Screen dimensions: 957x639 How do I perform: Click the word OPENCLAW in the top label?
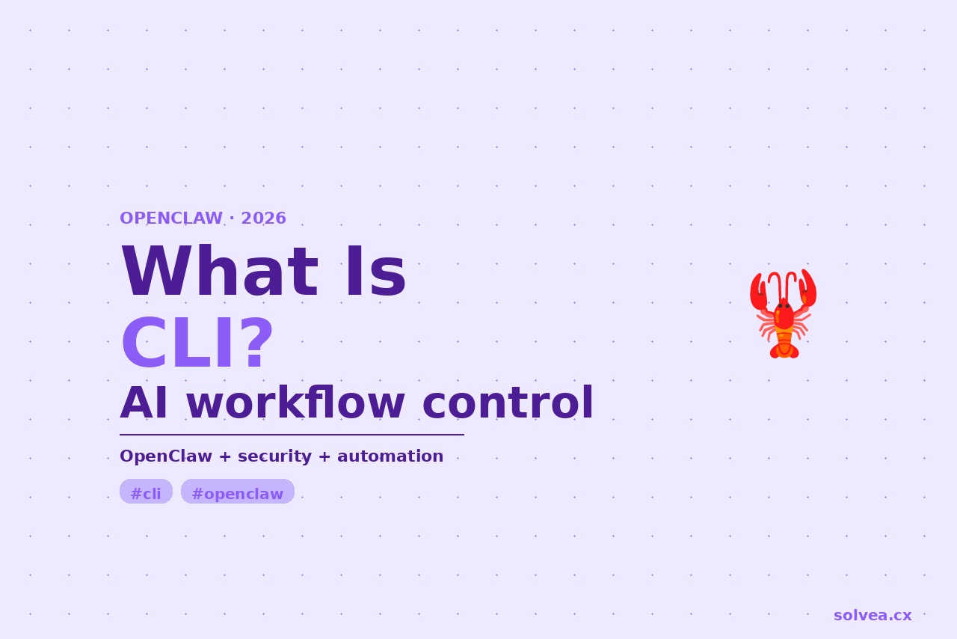coord(171,218)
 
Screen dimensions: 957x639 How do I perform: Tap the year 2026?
coord(264,218)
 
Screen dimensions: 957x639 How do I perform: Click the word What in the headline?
coord(220,271)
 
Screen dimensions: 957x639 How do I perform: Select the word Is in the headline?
coord(376,271)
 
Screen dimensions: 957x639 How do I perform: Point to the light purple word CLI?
coord(197,343)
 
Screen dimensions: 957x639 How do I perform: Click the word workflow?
coord(295,403)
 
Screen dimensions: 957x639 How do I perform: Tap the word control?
coord(508,403)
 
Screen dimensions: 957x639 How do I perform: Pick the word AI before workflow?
coord(144,403)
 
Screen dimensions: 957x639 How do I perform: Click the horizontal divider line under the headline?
coord(292,435)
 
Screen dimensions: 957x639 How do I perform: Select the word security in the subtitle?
coord(274,456)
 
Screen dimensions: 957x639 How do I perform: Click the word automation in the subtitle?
coord(390,456)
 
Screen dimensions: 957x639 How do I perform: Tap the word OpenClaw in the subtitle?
coord(166,456)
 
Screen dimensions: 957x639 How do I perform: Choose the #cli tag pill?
coord(146,492)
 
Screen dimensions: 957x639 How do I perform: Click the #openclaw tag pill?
coord(238,492)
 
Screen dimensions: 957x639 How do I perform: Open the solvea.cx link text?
coord(873,616)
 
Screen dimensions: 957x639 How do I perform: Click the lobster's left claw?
coord(758,292)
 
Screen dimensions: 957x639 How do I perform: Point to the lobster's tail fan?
coord(784,352)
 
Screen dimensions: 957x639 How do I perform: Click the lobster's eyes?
coord(784,306)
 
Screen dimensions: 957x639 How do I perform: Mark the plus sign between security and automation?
coord(324,456)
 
